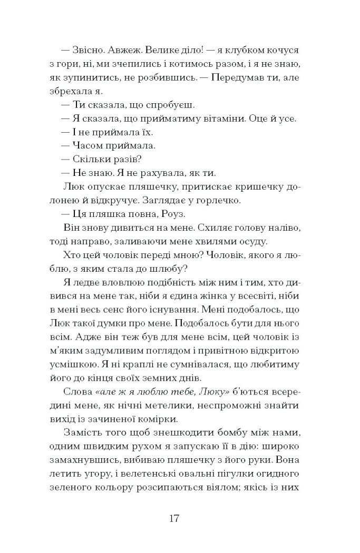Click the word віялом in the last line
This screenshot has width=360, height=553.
click(x=219, y=489)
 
